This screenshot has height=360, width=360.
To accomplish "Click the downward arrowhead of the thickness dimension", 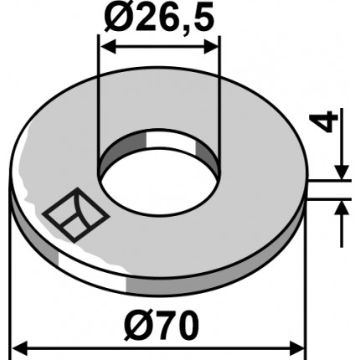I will tap(342, 171).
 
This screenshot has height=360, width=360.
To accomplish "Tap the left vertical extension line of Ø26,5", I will tap(100, 100).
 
